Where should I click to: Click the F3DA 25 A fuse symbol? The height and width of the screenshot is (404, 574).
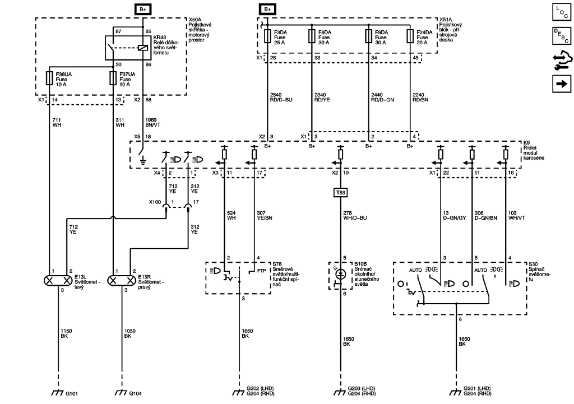click(268, 36)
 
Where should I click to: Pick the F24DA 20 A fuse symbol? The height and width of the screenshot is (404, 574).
click(410, 36)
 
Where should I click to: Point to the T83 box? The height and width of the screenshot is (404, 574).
click(340, 192)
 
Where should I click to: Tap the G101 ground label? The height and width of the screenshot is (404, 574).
click(72, 394)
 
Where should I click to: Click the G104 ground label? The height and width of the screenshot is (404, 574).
click(136, 394)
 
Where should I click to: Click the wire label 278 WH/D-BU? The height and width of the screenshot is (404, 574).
click(354, 216)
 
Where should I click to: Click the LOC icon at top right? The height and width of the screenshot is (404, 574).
click(560, 12)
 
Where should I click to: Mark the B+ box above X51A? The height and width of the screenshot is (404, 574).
click(267, 10)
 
